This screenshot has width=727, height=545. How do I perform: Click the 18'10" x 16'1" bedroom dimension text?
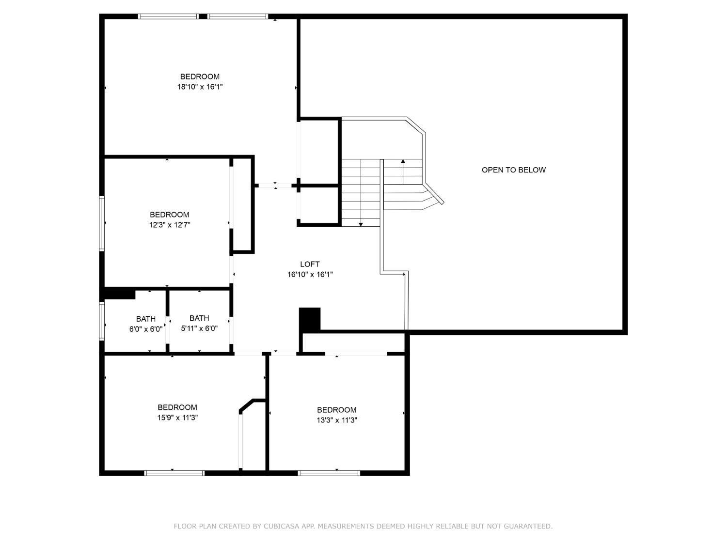[200, 87]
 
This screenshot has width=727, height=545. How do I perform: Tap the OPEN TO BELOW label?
[513, 170]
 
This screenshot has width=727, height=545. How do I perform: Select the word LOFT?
[310, 264]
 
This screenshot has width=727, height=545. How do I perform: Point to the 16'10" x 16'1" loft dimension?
[310, 275]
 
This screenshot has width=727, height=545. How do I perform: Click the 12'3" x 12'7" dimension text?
[169, 225]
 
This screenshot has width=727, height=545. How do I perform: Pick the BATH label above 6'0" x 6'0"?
[145, 319]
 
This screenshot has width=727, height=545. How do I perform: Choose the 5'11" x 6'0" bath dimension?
[199, 328]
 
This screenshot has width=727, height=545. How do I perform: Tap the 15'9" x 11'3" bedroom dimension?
[177, 418]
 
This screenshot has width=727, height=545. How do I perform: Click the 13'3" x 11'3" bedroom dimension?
[337, 420]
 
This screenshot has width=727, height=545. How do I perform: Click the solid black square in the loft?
[310, 319]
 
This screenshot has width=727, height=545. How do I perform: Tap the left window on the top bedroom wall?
[168, 16]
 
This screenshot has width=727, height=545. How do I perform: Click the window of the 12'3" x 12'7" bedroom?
[102, 223]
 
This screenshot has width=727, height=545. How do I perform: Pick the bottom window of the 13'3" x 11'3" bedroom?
[329, 473]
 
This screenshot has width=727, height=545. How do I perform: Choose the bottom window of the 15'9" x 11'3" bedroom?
[174, 473]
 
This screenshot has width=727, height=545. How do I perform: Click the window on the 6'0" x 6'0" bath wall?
[102, 321]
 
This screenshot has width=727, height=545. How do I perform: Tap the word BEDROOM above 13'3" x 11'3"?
[336, 410]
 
